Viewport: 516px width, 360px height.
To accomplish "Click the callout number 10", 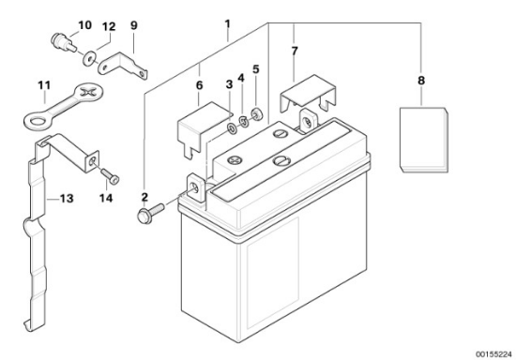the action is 84,25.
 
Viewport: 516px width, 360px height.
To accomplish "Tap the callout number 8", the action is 421,81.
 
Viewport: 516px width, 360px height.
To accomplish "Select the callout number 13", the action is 67,199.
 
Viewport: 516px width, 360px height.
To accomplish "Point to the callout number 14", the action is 106,198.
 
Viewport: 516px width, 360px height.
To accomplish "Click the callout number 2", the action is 144,197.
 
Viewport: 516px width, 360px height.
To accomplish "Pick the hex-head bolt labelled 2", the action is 150,214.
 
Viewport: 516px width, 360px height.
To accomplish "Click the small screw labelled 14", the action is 110,176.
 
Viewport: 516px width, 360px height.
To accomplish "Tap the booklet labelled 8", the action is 424,140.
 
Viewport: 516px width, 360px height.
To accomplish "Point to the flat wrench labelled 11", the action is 63,106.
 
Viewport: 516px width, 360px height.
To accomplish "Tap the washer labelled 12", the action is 89,58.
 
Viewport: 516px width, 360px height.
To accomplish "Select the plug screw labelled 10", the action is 64,42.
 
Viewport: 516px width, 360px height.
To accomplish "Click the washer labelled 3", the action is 232,129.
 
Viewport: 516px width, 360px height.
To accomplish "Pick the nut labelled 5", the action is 256,113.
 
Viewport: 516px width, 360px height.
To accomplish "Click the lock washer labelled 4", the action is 244,121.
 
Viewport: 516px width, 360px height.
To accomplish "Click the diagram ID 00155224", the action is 493,354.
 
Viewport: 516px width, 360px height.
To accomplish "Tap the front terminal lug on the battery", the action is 197,188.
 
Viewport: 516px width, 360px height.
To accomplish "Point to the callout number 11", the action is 44,85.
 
